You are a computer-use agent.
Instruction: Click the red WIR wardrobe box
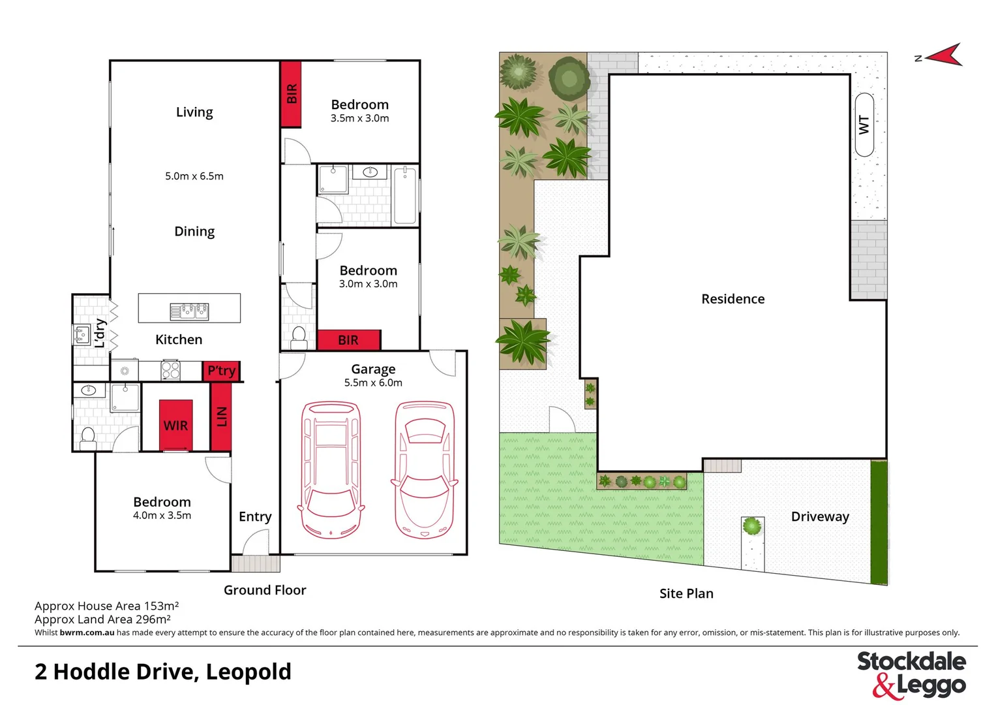tap(176, 425)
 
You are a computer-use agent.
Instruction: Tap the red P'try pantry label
tap(221, 371)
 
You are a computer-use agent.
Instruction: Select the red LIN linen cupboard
tap(221, 416)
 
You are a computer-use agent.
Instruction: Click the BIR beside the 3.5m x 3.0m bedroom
tap(291, 94)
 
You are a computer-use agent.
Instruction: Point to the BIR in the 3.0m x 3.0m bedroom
tap(348, 340)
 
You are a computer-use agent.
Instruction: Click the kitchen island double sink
tap(189, 311)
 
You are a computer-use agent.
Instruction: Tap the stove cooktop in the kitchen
tap(170, 370)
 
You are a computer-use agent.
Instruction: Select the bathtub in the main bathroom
tap(405, 195)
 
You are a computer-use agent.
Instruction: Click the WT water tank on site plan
tap(864, 125)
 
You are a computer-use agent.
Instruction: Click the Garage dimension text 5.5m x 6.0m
tap(373, 383)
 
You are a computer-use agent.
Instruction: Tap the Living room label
tap(194, 112)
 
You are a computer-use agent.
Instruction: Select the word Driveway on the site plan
tap(820, 516)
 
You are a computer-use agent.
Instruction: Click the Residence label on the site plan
tap(732, 299)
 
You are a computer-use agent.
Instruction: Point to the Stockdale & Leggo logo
tap(911, 674)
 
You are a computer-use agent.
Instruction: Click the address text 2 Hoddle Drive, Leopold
tap(163, 672)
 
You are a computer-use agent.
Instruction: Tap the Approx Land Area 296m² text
tap(102, 619)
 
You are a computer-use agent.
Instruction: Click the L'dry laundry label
tap(100, 333)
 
